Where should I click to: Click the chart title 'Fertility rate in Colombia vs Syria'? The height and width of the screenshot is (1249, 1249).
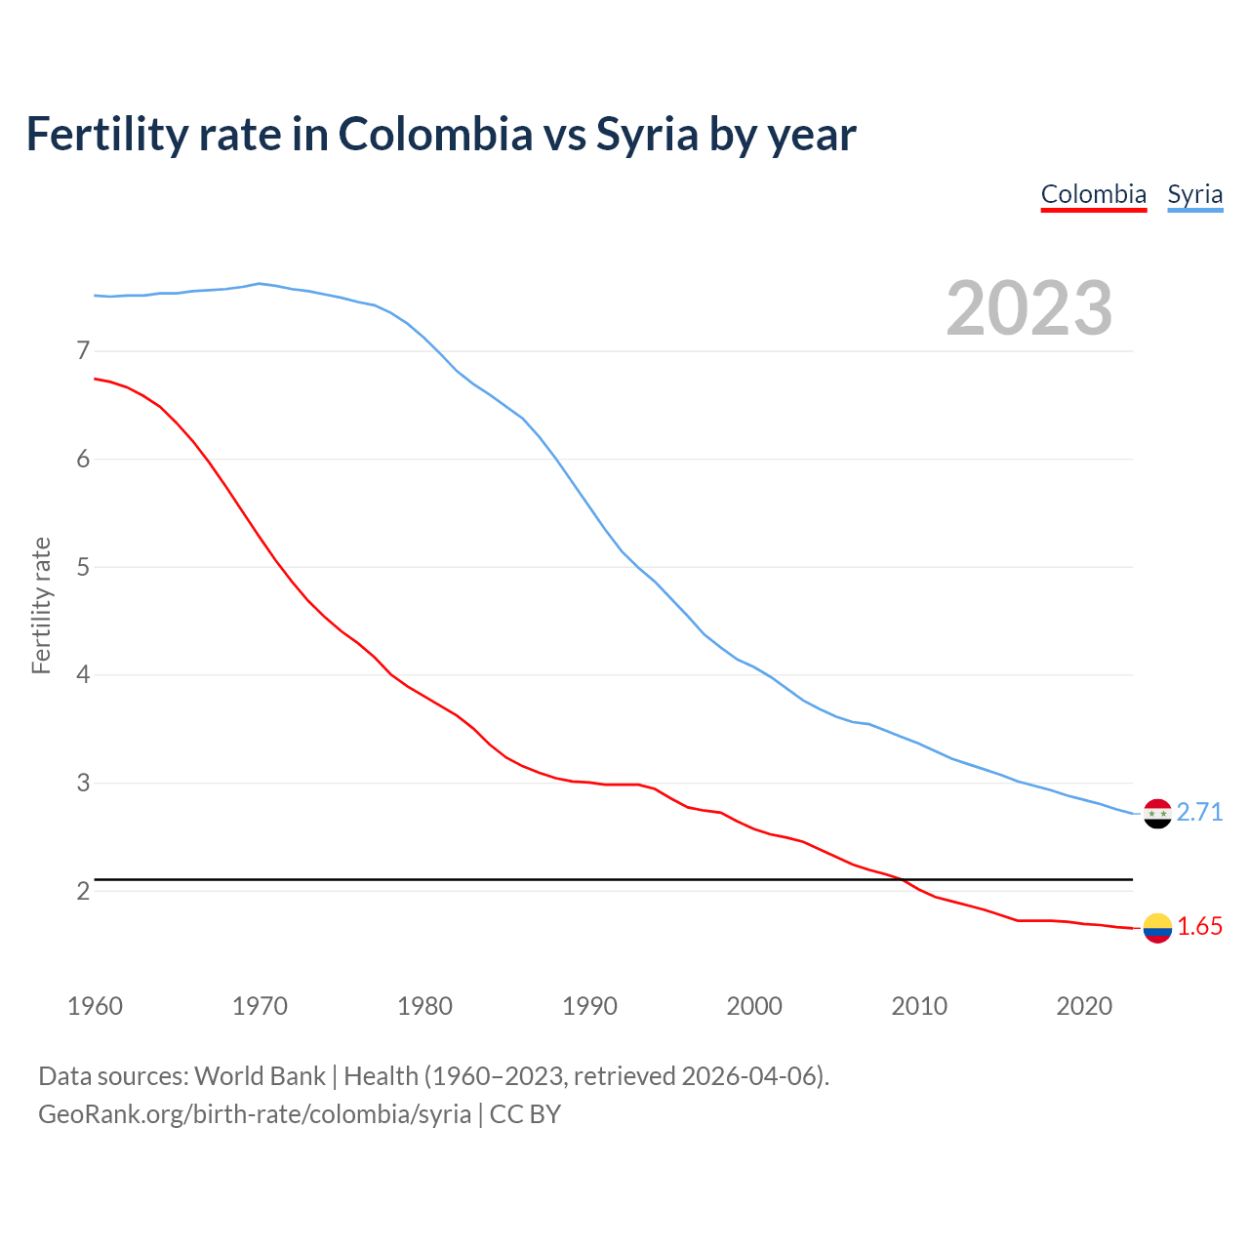click(x=440, y=135)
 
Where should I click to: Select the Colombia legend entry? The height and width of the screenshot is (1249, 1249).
click(x=1093, y=194)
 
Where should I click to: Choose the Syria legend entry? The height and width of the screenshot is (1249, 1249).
click(x=1194, y=194)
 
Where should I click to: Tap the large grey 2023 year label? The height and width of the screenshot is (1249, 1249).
click(x=1029, y=308)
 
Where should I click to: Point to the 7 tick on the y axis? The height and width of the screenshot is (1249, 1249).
click(x=83, y=350)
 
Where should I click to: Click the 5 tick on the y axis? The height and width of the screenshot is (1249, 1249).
click(x=83, y=567)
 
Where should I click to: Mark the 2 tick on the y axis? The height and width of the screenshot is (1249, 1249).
click(x=83, y=891)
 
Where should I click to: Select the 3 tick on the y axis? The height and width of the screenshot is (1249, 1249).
click(x=83, y=783)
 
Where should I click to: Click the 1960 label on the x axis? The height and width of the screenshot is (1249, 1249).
click(x=95, y=1006)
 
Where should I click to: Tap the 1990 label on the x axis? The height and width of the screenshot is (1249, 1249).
click(x=589, y=1006)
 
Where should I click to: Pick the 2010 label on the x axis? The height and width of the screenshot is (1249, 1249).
click(x=919, y=1006)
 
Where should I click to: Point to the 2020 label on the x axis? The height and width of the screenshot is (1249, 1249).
click(x=1084, y=1006)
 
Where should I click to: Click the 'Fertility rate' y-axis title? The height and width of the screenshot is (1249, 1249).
click(x=41, y=605)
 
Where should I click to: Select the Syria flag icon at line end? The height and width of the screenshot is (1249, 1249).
click(x=1157, y=813)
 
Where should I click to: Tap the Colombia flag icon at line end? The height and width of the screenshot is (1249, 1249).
click(x=1157, y=928)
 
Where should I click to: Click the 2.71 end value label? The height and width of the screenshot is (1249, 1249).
click(x=1199, y=813)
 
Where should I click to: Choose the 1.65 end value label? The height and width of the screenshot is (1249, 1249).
click(x=1199, y=927)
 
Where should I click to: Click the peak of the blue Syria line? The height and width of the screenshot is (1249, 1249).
click(x=259, y=284)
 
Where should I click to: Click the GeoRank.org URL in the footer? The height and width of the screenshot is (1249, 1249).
click(x=255, y=1114)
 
